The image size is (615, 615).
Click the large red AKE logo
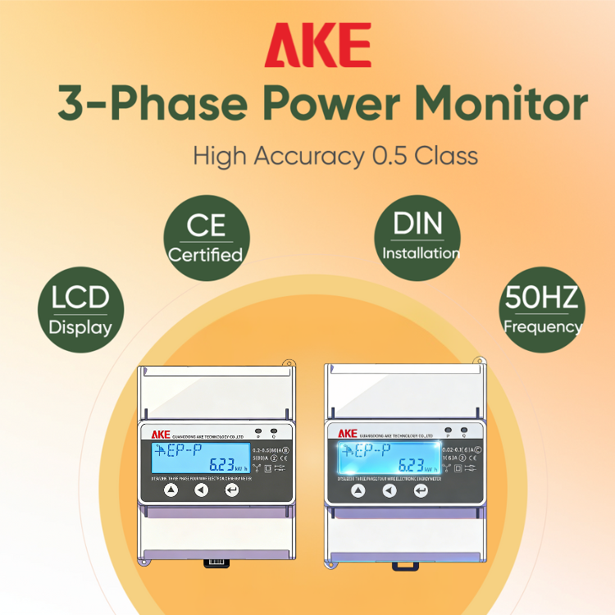317,45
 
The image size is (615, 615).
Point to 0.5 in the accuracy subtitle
389,155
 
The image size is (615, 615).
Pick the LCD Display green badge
80,307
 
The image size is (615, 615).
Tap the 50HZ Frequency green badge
542,307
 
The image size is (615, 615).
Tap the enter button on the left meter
232,490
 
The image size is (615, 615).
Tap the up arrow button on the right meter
358,490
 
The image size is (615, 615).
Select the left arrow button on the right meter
389,490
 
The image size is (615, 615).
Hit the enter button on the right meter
421,490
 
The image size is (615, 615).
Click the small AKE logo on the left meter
160,432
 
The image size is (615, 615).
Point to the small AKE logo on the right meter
348,432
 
